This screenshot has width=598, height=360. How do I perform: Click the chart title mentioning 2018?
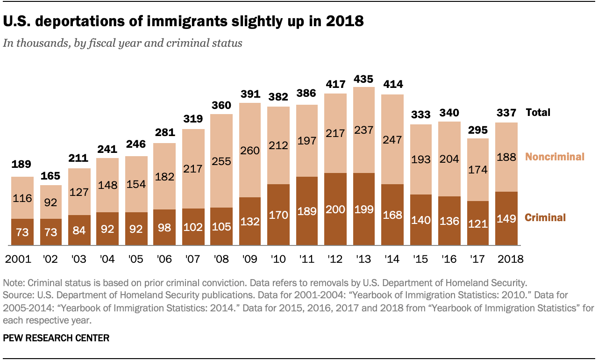tap(184, 21)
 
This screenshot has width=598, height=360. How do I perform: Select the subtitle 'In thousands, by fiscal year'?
tap(122, 43)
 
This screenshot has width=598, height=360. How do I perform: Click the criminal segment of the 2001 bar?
tap(22, 232)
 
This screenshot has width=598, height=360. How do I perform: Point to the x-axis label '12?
tap(336, 259)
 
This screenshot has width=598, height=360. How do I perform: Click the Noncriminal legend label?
tap(555, 157)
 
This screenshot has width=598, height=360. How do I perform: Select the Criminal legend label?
tap(545, 217)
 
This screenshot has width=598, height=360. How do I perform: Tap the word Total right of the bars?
tap(538, 112)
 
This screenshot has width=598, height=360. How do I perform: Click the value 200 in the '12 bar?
tap(335, 209)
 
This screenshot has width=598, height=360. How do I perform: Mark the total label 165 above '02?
tap(51, 177)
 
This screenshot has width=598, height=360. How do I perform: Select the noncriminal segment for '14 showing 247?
tap(392, 139)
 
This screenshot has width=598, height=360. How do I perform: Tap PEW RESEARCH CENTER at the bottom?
tap(56, 338)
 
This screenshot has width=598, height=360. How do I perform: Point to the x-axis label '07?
tap(193, 259)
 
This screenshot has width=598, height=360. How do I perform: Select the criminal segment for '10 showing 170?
tap(278, 215)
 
